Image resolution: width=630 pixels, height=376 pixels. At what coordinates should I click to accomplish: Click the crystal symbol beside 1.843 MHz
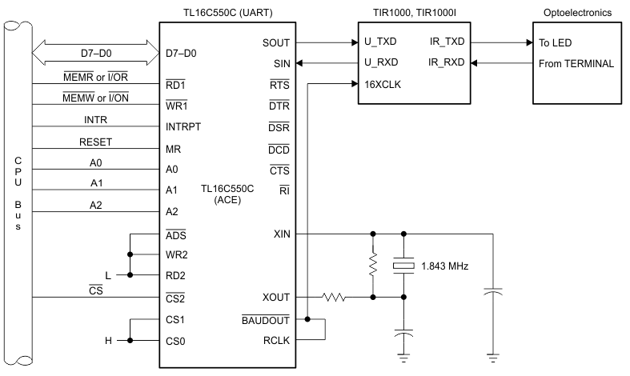click(x=403, y=266)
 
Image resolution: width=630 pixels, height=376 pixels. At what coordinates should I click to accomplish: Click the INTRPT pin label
click(x=183, y=126)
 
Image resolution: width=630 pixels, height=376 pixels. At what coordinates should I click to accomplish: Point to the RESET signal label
click(x=95, y=142)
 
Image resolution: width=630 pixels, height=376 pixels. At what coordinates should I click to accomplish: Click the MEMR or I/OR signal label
click(x=95, y=77)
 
